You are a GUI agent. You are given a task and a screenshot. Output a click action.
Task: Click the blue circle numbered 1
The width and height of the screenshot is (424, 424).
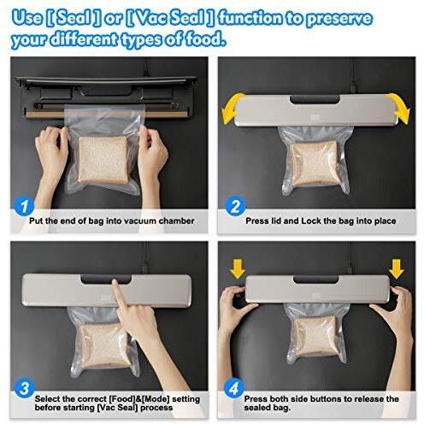click(x=24, y=206)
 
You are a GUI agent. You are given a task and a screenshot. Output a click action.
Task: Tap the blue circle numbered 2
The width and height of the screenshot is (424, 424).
click(x=235, y=206)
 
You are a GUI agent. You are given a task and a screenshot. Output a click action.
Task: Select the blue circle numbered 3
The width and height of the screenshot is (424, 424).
click(x=25, y=388)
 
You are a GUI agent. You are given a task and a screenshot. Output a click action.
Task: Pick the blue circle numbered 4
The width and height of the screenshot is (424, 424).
click(x=234, y=388)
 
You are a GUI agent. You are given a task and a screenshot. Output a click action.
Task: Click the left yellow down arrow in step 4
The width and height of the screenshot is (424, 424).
click(x=238, y=269)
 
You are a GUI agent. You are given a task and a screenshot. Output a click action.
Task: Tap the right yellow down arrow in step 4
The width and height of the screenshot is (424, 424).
click(x=397, y=269)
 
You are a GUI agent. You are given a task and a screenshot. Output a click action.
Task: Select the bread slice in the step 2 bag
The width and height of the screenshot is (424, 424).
click(x=315, y=164)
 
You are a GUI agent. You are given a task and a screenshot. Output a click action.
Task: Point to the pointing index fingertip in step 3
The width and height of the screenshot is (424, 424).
click(x=115, y=283)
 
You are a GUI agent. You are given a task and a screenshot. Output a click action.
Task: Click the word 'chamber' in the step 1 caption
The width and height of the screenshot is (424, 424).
click(x=176, y=221)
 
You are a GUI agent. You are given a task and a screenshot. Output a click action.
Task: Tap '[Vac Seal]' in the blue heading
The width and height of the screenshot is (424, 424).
click(x=169, y=18)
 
